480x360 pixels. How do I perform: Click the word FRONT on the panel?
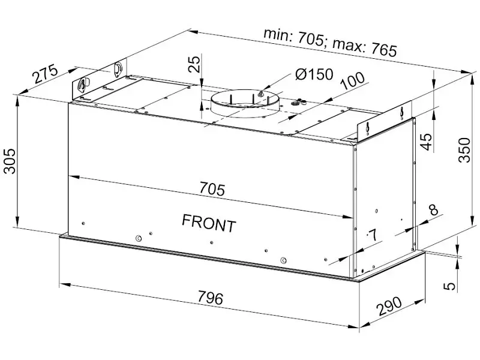point(209,223)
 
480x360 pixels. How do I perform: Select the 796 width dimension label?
point(211,298)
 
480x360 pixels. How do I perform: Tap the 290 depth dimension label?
point(389,306)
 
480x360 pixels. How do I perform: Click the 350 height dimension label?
point(464,150)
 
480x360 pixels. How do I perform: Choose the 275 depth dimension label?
point(46,74)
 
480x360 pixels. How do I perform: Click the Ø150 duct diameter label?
point(314,74)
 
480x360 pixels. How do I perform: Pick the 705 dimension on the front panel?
point(212,188)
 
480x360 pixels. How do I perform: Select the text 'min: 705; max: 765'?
point(330,43)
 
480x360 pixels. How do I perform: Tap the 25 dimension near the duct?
point(194,64)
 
